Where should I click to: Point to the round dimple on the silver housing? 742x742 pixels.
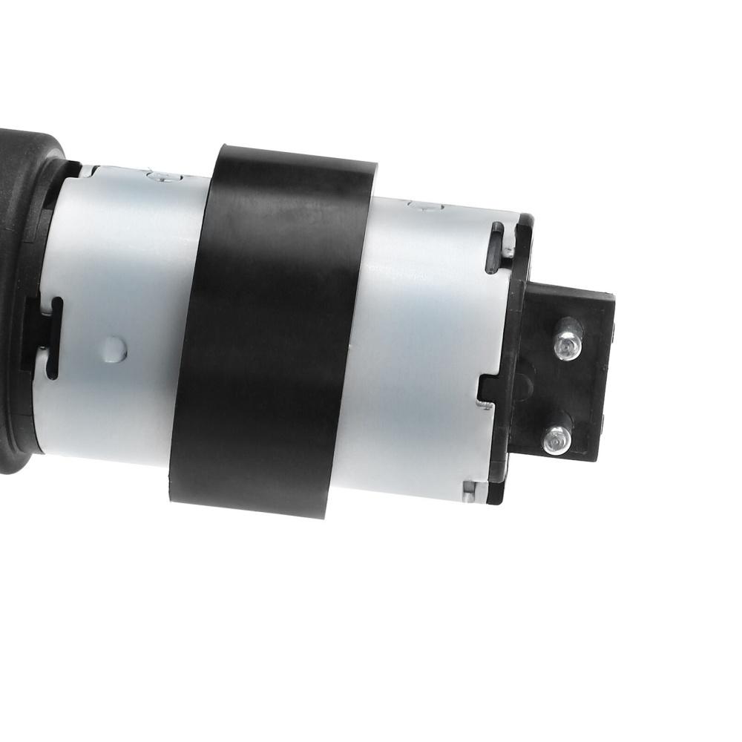(112, 347)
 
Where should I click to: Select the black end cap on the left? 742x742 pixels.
(22, 297)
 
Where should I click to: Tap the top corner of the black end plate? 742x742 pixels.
(526, 220)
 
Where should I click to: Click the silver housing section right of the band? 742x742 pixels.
(423, 334)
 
